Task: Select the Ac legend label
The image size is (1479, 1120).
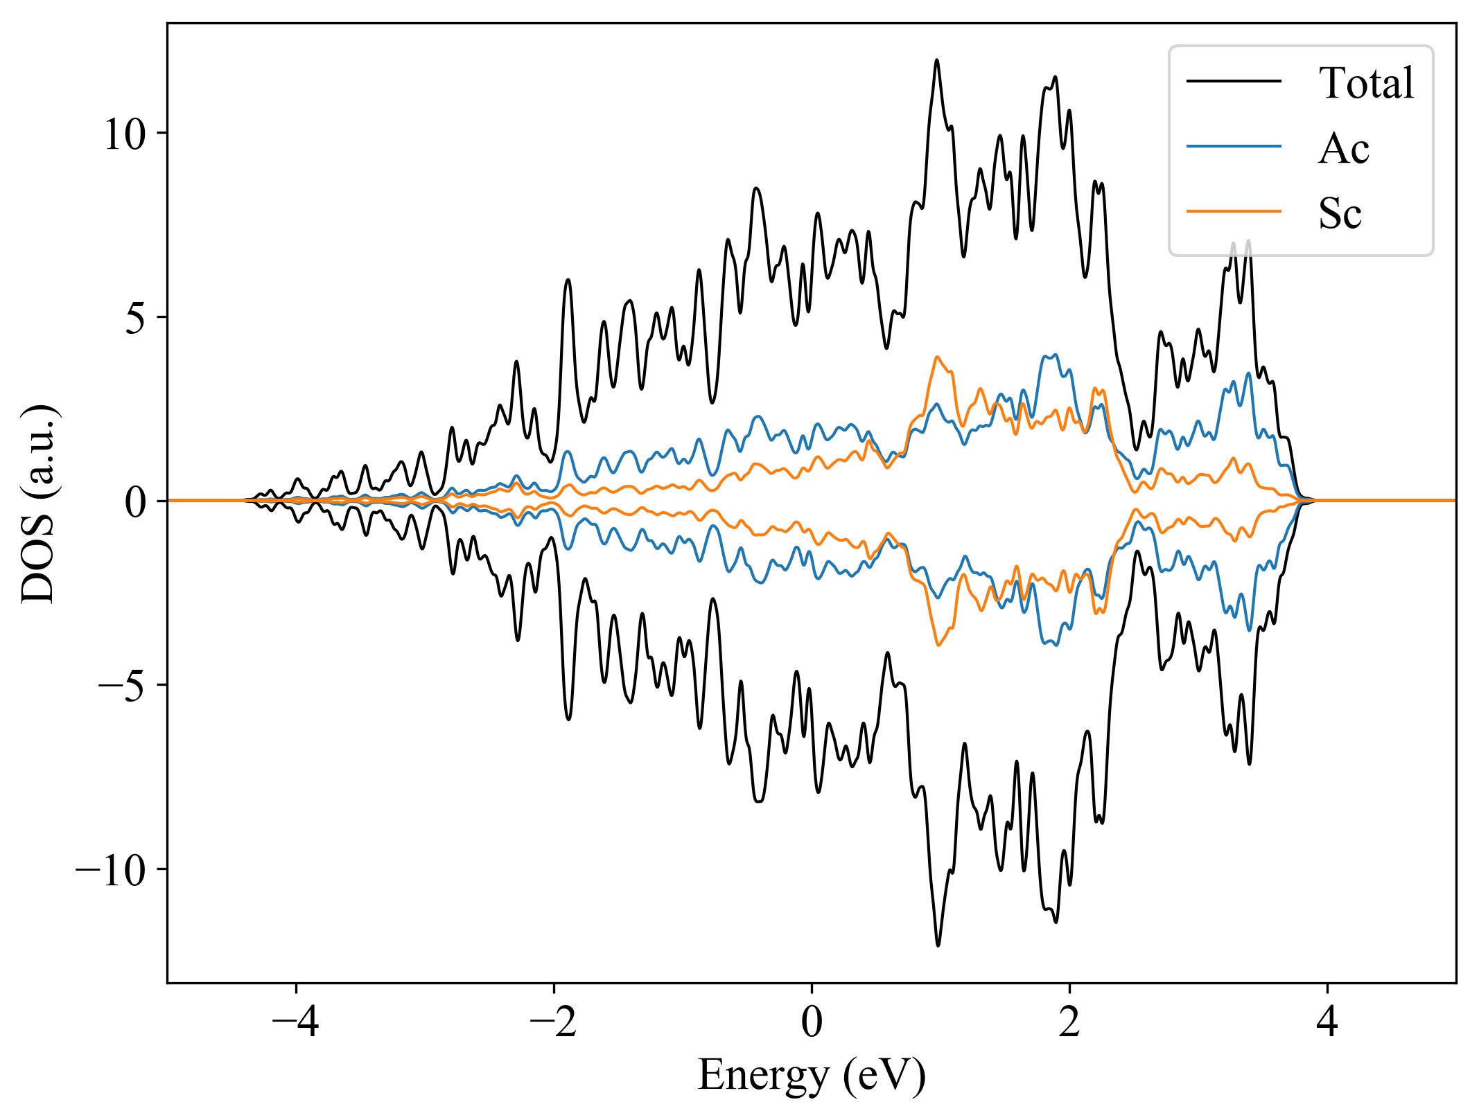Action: [1343, 148]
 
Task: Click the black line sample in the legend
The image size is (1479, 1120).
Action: [1234, 81]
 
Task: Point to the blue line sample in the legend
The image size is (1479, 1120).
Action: [1234, 146]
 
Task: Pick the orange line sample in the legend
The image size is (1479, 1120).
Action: [1234, 211]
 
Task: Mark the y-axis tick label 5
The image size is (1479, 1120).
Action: [137, 318]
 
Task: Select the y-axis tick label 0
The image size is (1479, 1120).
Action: [137, 501]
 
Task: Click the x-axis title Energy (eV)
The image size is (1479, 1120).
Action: [812, 1076]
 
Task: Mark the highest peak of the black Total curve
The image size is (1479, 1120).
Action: [937, 60]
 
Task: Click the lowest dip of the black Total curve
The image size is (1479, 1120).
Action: [938, 945]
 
